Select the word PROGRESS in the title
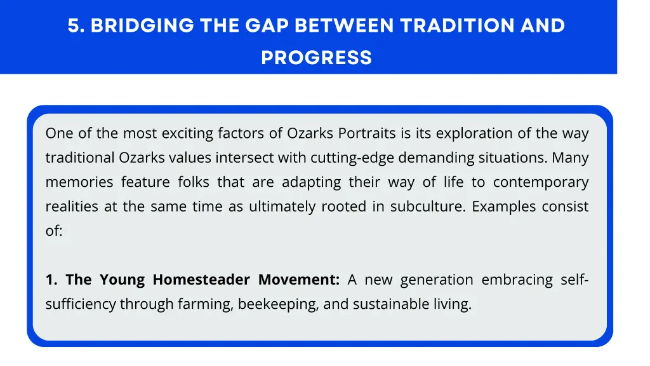point(316,58)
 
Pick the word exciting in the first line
point(187,133)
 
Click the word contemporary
point(541,182)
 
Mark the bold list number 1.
point(51,280)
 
